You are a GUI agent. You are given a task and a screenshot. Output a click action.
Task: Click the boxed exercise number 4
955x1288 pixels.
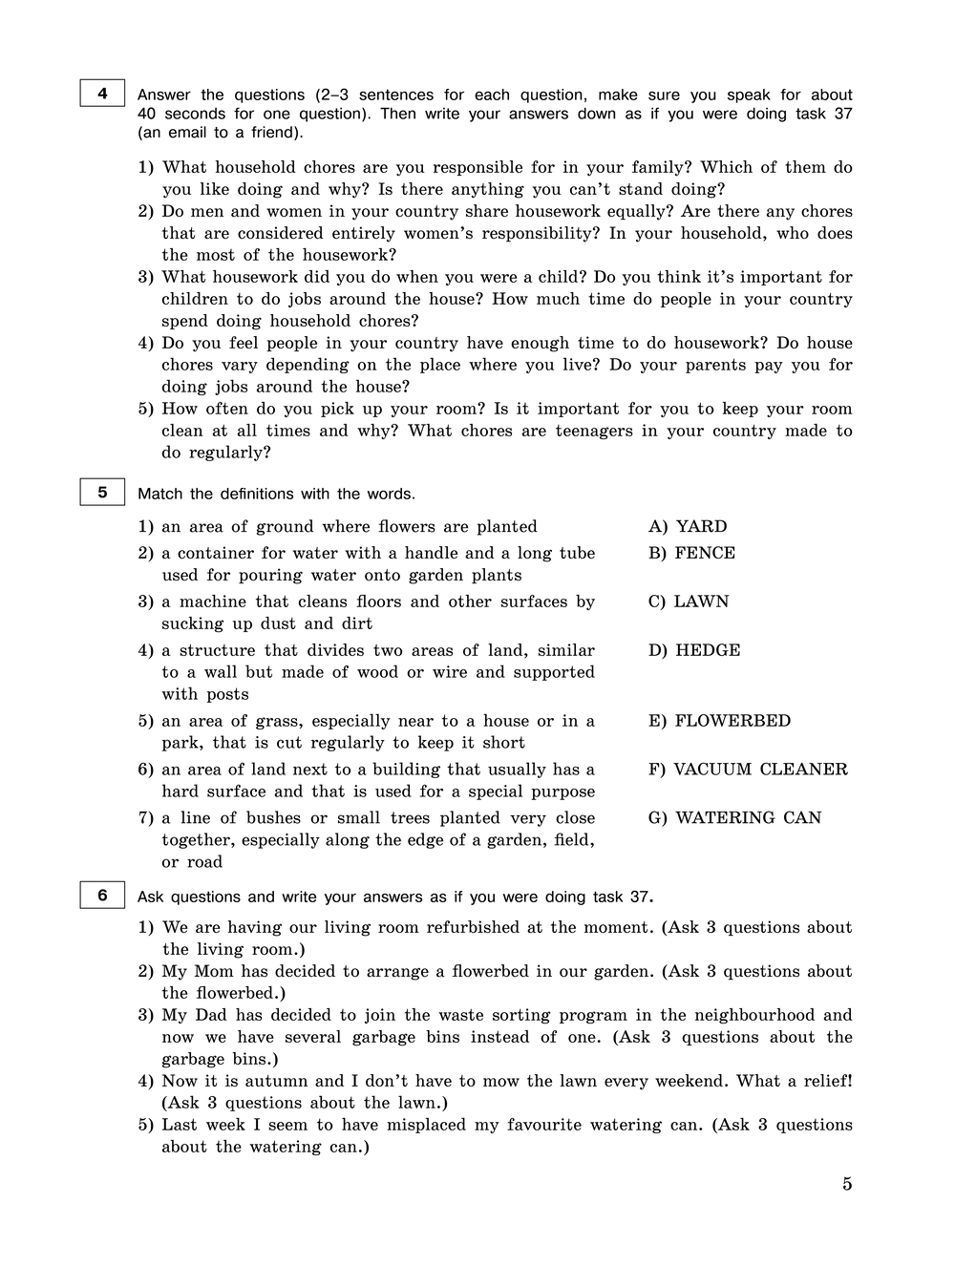[x=102, y=94]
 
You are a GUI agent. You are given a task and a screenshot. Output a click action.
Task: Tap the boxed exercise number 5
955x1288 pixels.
[x=102, y=493]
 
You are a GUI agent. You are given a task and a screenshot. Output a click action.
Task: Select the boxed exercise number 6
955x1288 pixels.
[x=102, y=896]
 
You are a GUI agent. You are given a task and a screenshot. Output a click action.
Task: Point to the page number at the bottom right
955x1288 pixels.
[x=847, y=1184]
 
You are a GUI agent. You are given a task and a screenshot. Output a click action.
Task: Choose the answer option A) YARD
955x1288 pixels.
[x=688, y=526]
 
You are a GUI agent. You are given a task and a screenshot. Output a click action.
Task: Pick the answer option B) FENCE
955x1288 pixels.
[x=691, y=553]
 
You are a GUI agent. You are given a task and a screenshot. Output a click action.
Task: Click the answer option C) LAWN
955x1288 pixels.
[x=689, y=602]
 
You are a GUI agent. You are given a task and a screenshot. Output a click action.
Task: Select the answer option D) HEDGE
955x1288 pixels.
[x=694, y=650]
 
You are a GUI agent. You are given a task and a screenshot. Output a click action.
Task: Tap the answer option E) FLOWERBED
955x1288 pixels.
[x=719, y=721]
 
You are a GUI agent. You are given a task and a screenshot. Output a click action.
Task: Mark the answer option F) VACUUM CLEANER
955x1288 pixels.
[x=748, y=770]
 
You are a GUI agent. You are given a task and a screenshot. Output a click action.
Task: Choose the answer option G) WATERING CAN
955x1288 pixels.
[x=734, y=818]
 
